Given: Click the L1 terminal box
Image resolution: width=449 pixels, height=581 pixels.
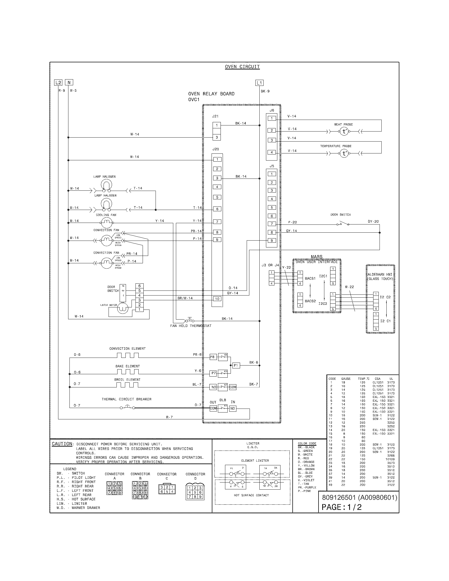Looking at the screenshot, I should click(259, 83).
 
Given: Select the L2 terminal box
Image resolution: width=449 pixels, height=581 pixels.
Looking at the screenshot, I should click(58, 82).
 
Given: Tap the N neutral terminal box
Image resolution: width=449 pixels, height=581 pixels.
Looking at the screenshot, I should click(69, 82).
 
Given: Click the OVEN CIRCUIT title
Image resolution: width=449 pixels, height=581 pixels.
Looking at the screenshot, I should click(242, 67).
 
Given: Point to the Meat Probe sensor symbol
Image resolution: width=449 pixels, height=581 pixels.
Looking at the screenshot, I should click(344, 132).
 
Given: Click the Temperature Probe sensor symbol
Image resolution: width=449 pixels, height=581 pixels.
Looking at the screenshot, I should click(344, 153).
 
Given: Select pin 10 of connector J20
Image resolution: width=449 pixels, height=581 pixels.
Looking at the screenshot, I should click(217, 299).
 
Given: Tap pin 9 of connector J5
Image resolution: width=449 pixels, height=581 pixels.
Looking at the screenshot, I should click(272, 241).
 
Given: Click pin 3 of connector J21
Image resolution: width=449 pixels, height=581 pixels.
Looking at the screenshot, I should click(217, 138).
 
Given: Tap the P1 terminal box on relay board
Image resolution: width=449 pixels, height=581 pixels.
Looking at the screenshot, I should click(236, 366).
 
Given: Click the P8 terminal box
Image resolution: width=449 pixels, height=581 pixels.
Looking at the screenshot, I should click(212, 357).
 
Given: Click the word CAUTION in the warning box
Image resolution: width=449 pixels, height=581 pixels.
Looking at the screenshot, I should click(62, 444).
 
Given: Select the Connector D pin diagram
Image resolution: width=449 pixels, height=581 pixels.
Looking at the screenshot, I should click(195, 492).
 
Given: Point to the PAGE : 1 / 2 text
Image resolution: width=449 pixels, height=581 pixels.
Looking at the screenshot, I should click(342, 507).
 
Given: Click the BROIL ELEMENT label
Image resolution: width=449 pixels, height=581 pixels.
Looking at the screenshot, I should click(127, 379).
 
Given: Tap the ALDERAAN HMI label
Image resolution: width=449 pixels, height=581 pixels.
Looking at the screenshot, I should click(380, 277).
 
